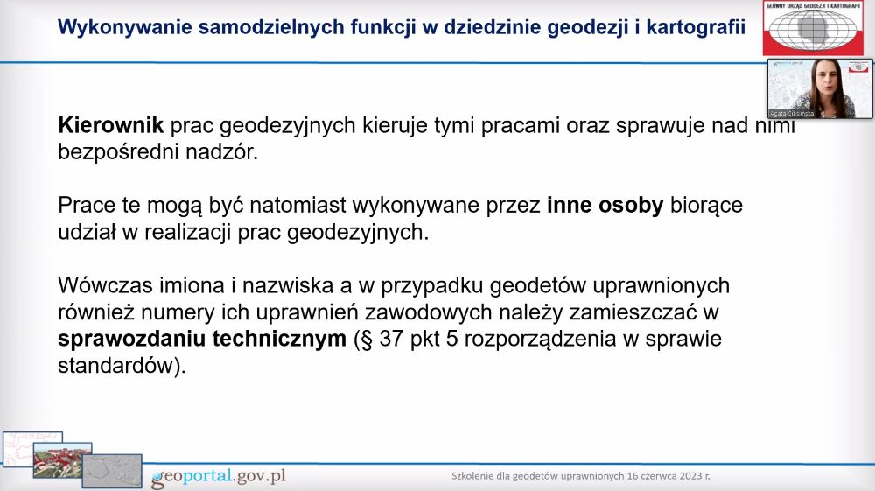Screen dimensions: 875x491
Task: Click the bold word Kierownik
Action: (x=111, y=125)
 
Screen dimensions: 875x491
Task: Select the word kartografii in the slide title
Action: (x=696, y=27)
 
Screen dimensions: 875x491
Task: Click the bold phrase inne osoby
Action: (x=605, y=206)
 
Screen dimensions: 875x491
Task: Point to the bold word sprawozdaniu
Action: (x=131, y=340)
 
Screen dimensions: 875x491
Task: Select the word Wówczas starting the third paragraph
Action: (x=106, y=285)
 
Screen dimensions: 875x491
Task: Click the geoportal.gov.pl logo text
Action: (x=218, y=476)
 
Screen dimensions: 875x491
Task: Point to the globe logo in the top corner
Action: (x=813, y=27)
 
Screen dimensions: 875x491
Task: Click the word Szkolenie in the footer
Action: (x=472, y=476)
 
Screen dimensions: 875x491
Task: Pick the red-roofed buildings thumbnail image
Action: (x=62, y=460)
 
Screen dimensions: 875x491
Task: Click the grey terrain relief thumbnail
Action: (x=112, y=471)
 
